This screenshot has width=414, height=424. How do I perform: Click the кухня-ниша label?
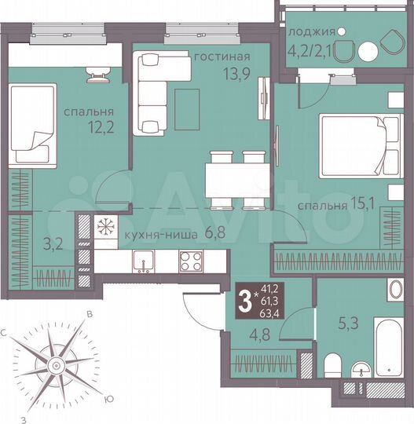157,234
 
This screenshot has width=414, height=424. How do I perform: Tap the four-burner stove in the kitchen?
191,261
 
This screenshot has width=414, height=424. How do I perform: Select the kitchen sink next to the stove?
143,261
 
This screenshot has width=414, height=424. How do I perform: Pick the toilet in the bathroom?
331,367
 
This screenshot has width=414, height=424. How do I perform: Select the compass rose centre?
56,365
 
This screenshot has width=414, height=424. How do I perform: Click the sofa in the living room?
150,90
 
